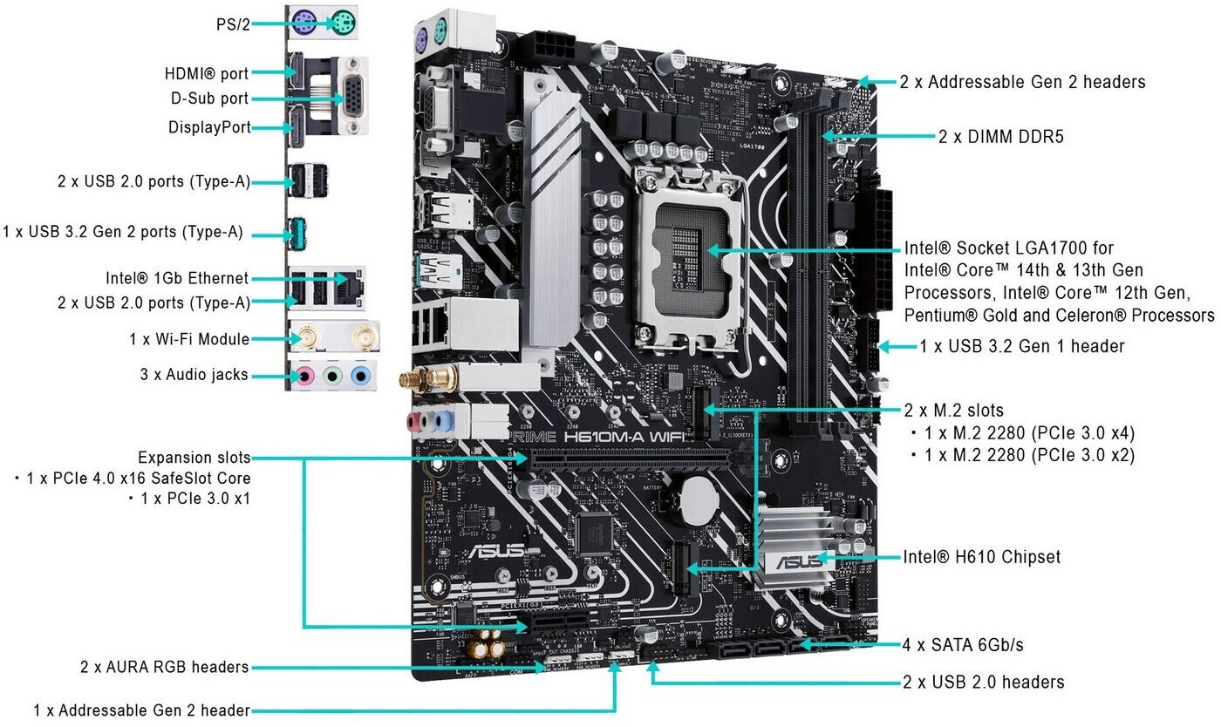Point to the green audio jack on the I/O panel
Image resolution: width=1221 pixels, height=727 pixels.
(332, 377)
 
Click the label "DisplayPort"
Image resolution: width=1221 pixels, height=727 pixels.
(209, 127)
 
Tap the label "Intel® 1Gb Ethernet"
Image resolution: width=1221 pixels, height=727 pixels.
(176, 278)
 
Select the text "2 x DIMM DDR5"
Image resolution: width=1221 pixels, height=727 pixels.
(1001, 136)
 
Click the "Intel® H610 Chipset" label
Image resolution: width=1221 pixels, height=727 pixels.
(982, 556)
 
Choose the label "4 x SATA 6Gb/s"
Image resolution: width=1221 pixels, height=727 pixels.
(962, 645)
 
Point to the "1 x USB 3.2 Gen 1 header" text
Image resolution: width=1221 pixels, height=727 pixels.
(1022, 346)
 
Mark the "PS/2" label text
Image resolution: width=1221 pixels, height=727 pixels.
(233, 24)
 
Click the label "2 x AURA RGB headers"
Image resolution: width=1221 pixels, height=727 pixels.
(164, 667)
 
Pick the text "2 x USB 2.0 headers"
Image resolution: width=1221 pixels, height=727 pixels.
(983, 682)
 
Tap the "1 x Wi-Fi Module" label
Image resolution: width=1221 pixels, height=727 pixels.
(189, 339)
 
